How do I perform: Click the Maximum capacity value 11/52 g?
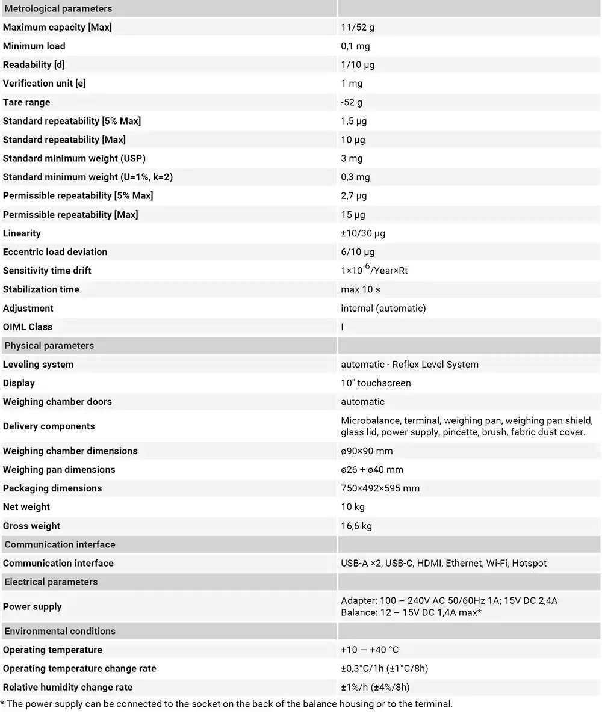click(x=358, y=27)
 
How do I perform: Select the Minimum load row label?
click(x=34, y=46)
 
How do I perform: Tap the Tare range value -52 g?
click(x=352, y=102)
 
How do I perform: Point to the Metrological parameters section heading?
click(x=58, y=8)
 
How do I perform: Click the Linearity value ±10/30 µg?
click(x=363, y=233)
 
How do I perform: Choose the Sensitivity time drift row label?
click(x=48, y=271)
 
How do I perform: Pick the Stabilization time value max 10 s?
click(x=361, y=289)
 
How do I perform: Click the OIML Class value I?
click(x=343, y=327)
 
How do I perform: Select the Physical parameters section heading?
click(x=49, y=345)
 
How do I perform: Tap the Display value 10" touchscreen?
click(x=376, y=383)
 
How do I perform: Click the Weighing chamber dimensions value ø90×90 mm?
click(x=367, y=451)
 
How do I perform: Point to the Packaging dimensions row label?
click(x=52, y=488)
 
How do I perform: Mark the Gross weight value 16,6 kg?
click(x=356, y=526)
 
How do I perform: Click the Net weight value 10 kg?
click(x=353, y=507)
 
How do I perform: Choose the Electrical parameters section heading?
click(x=51, y=582)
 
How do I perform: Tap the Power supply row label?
click(x=33, y=606)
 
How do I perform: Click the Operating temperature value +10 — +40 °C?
click(x=370, y=650)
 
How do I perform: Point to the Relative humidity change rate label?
click(x=68, y=687)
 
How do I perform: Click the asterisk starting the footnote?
click(x=2, y=703)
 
